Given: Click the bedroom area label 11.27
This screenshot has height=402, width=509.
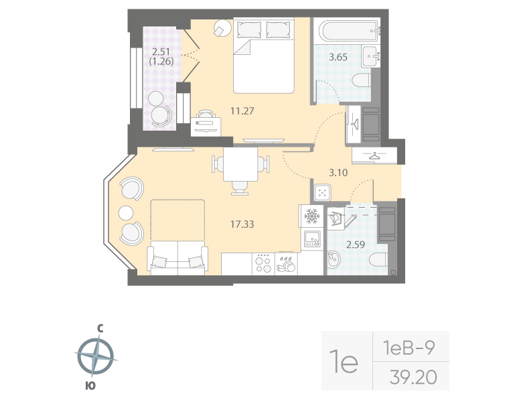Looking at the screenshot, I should [222, 112].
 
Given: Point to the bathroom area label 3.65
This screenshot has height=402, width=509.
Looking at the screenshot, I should [338, 57].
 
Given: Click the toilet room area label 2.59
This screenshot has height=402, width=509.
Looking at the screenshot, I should [356, 246].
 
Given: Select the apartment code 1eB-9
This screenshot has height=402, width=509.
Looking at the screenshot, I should [409, 348].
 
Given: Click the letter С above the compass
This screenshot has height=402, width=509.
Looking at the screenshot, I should [99, 328].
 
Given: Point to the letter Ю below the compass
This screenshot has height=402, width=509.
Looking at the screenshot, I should [90, 385].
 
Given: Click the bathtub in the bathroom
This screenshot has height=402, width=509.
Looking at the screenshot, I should [348, 30].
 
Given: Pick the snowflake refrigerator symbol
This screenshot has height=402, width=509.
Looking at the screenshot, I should [311, 216].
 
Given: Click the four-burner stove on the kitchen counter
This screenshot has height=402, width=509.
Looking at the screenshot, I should [263, 263].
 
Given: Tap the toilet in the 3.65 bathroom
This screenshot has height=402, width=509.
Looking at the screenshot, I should [362, 82].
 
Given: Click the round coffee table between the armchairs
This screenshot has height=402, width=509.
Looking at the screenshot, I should [127, 213].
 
